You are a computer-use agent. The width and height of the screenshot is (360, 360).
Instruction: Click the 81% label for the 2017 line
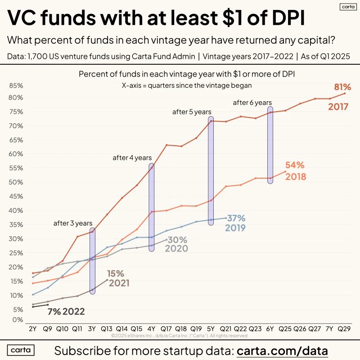click(342, 87)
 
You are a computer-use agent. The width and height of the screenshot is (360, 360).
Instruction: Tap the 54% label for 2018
click(295, 165)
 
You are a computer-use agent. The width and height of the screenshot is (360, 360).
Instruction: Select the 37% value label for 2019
click(236, 218)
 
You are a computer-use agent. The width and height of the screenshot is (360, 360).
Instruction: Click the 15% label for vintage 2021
click(116, 273)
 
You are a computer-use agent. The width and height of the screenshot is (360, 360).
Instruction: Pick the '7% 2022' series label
click(66, 311)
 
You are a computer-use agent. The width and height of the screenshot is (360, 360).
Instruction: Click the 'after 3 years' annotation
click(73, 223)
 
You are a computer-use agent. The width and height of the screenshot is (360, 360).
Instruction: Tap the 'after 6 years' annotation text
click(252, 103)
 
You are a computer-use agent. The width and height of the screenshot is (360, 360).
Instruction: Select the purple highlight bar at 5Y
click(211, 171)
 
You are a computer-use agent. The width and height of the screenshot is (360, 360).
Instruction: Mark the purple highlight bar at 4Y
click(151, 207)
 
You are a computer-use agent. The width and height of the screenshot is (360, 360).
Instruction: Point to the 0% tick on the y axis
click(18, 320)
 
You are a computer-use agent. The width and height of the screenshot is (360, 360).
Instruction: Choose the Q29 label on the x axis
click(344, 329)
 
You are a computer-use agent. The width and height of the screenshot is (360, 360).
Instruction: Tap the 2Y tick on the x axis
click(33, 329)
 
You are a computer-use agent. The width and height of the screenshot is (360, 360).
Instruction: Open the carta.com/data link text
click(282, 350)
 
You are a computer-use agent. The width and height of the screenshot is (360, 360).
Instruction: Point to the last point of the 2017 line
click(345, 93)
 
